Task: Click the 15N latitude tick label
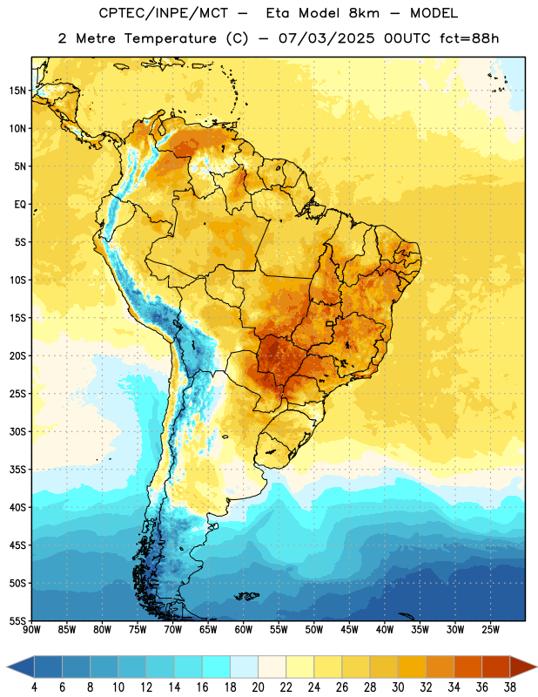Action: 17,91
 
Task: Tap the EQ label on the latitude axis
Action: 20,205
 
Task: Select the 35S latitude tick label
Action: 17,470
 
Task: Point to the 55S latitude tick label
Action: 17,620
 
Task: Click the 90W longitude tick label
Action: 31,630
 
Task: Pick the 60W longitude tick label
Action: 244,630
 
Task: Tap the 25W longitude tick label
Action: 490,630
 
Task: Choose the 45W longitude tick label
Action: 349,630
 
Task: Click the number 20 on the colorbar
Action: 258,687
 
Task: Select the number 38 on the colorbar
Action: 510,687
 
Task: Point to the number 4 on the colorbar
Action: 34,687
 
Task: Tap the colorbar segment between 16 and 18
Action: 216,667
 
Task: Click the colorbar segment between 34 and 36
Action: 467,667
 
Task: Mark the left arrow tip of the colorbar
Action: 7,667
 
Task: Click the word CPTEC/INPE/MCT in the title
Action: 164,13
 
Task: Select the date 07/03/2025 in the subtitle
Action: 326,38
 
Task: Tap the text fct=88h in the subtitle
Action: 469,38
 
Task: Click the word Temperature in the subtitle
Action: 170,38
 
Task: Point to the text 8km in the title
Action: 364,13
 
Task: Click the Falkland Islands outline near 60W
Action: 247,596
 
